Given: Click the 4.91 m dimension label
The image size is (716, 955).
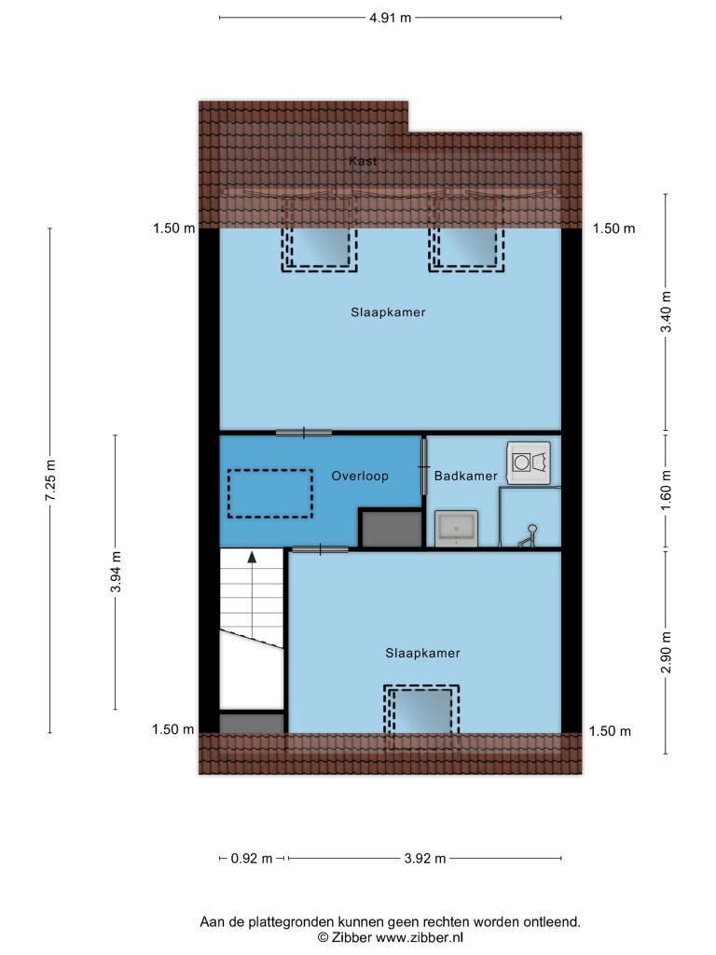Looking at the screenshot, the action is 391,18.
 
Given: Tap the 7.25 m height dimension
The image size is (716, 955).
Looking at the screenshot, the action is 50,480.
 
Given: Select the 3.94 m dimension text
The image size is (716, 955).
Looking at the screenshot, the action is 117,572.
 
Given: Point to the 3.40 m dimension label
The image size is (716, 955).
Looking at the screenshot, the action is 667,311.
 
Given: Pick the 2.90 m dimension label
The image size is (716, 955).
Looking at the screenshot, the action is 667,652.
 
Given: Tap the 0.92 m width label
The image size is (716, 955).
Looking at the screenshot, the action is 252,859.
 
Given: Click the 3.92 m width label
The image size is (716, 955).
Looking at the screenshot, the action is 425,859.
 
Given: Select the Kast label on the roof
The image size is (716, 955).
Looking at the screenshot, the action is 363,160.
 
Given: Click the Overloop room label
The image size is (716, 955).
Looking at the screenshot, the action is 360,477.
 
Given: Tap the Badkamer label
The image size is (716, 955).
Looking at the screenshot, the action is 466,477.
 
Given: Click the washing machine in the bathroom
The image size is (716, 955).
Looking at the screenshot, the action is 529,463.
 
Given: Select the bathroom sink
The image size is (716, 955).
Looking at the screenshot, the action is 457,529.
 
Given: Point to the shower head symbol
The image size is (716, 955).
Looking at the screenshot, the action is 529,536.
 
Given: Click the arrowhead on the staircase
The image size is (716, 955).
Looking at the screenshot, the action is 252,556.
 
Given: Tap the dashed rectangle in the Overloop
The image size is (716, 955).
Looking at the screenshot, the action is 270,494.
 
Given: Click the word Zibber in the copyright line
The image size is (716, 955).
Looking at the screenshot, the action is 351,937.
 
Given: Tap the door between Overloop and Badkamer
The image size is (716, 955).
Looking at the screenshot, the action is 424,467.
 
